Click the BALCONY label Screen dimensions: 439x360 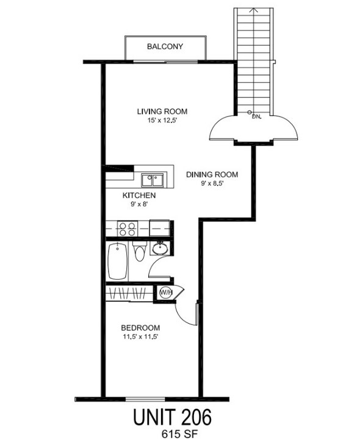pyautogui.click(x=165, y=46)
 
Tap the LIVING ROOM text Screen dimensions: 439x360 pyautogui.click(x=162, y=112)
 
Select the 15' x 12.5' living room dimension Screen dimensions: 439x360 pyautogui.click(x=162, y=121)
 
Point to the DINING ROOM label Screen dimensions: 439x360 pyautogui.click(x=212, y=174)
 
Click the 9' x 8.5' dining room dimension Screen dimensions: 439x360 pyautogui.click(x=211, y=184)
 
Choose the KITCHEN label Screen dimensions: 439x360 pyautogui.click(x=139, y=196)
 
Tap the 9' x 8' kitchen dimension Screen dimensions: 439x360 pyautogui.click(x=139, y=205)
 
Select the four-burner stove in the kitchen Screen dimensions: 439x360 pyautogui.click(x=127, y=229)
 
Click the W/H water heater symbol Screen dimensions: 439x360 pyautogui.click(x=165, y=293)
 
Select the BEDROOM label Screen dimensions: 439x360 pyautogui.click(x=140, y=327)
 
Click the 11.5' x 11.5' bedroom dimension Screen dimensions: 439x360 pyautogui.click(x=140, y=336)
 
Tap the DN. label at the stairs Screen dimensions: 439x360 pyautogui.click(x=257, y=116)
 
